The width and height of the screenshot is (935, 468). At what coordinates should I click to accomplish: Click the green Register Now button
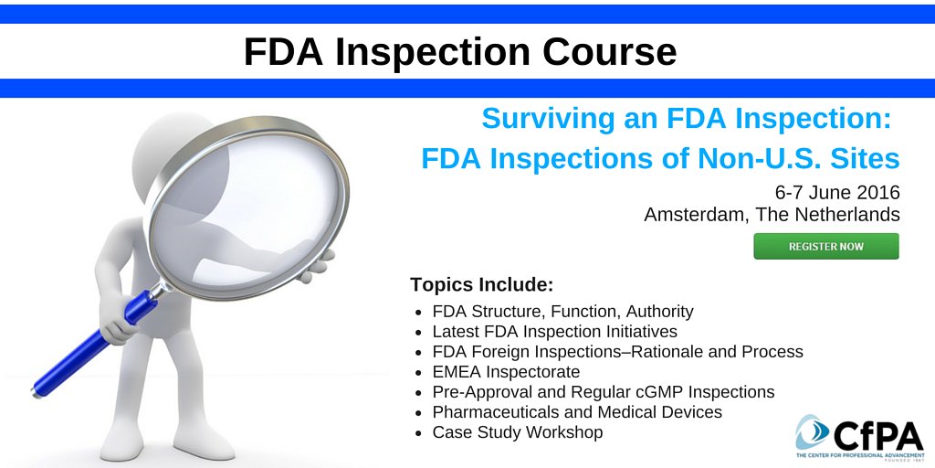[x=825, y=246]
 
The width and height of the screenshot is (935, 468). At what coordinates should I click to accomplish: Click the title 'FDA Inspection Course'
[x=460, y=53]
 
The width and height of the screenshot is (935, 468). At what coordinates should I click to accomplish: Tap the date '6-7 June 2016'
[x=837, y=193]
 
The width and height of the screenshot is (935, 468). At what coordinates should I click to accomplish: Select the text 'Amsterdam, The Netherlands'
[x=772, y=215]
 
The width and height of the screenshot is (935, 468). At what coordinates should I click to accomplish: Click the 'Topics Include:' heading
[x=482, y=283]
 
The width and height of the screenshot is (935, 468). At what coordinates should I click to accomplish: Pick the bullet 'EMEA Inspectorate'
[x=506, y=372]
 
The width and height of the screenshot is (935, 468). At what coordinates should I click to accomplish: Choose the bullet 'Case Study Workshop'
[x=517, y=432]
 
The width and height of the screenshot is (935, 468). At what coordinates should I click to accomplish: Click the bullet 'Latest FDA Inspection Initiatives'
[x=554, y=332]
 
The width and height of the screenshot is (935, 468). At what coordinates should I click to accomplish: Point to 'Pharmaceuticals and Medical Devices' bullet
[x=577, y=412]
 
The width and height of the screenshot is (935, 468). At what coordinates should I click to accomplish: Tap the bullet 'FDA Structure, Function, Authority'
[x=562, y=312]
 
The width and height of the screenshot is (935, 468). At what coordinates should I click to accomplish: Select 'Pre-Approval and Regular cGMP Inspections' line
[x=603, y=392]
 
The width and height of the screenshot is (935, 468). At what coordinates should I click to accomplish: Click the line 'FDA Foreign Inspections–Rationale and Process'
[x=617, y=352]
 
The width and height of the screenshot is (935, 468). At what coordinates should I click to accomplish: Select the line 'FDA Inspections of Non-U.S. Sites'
[x=660, y=159]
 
